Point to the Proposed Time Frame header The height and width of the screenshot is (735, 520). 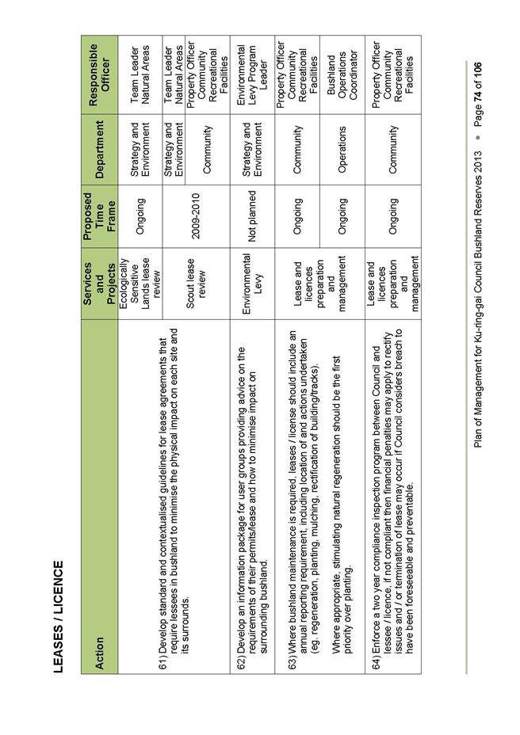click(99, 211)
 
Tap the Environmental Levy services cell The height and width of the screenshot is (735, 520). click(253, 272)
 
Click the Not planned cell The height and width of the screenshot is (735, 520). click(253, 211)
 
